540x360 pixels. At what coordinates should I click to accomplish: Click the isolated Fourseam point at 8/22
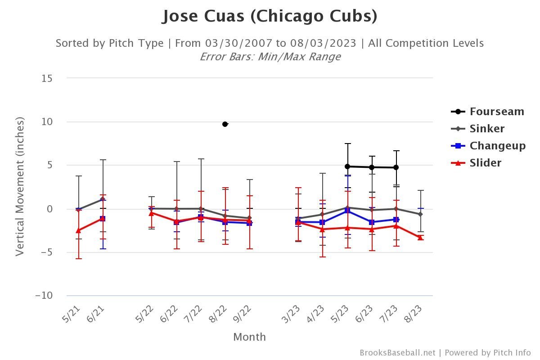(x=225, y=124)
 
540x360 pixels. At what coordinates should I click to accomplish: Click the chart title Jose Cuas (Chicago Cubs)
(x=270, y=16)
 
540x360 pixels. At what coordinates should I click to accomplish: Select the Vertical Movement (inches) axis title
(x=19, y=186)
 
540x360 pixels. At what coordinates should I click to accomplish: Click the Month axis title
(x=249, y=337)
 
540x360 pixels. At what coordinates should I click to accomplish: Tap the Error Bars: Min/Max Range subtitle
(x=270, y=57)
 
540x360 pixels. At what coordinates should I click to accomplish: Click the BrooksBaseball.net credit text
(x=397, y=353)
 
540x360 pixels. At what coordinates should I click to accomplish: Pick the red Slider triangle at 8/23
(x=420, y=238)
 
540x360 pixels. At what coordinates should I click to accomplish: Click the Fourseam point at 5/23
(x=347, y=166)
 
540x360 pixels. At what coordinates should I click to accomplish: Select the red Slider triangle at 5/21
(x=78, y=230)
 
